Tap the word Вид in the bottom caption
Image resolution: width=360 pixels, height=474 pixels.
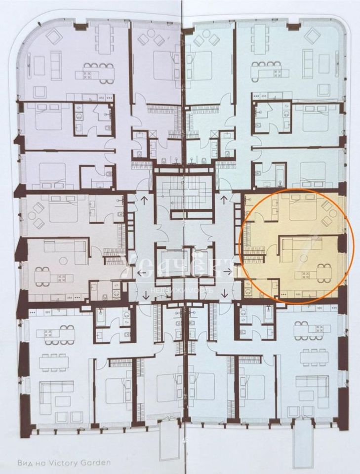click(x=25, y=463)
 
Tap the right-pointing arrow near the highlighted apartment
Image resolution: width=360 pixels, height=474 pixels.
click(x=228, y=271)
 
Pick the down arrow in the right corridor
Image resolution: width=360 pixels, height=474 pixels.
click(x=225, y=294)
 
